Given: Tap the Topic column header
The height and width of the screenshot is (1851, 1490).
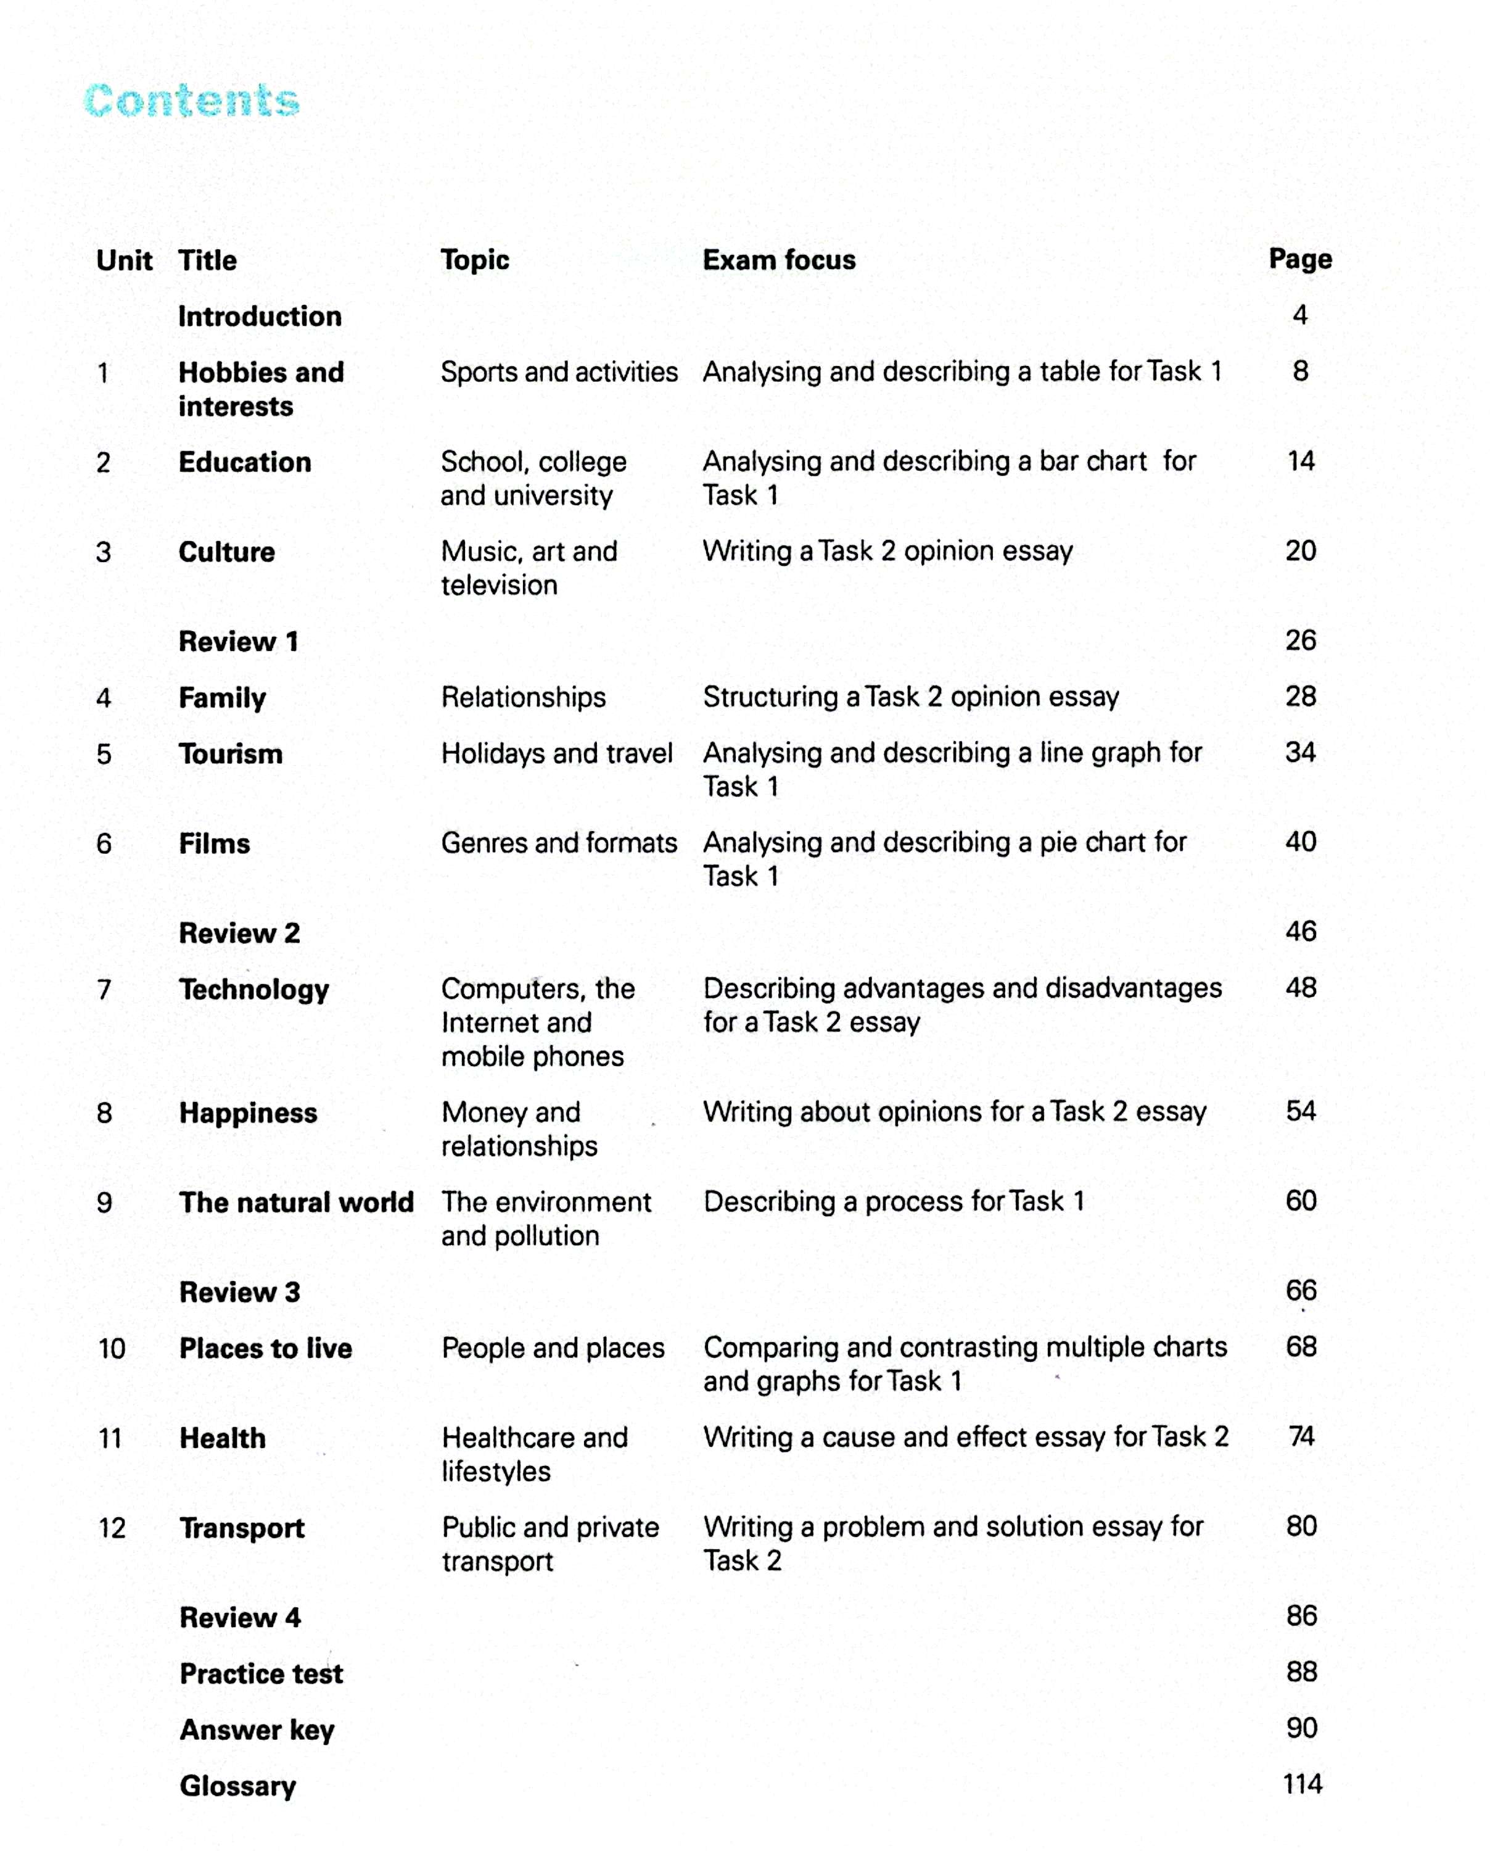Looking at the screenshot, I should point(475,260).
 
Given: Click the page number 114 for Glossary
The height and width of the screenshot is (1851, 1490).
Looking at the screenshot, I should point(1301,1784).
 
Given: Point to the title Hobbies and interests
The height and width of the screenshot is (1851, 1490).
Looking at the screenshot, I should point(261,389).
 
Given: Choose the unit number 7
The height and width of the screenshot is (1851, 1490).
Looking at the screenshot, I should point(104,990).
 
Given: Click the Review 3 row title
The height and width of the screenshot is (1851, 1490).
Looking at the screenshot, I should point(239,1292).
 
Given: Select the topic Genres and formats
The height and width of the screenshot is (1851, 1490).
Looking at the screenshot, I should point(559,843).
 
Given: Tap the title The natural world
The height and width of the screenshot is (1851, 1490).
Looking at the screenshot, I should point(296,1203).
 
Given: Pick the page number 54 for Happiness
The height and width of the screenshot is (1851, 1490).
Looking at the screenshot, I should point(1300,1111).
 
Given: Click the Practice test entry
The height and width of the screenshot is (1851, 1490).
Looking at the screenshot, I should point(261,1673).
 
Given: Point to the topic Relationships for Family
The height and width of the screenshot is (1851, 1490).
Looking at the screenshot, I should point(524,697).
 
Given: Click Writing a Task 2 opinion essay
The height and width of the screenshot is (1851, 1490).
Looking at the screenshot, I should point(887,551).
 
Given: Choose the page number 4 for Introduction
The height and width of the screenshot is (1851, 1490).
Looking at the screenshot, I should point(1299,315).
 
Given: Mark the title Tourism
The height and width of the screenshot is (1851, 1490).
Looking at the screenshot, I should point(230,754).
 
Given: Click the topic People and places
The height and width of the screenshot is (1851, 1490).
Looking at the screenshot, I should point(553,1348).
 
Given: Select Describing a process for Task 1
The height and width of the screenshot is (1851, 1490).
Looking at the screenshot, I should point(894,1201).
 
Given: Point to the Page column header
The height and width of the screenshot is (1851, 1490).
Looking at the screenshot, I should point(1299,259).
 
